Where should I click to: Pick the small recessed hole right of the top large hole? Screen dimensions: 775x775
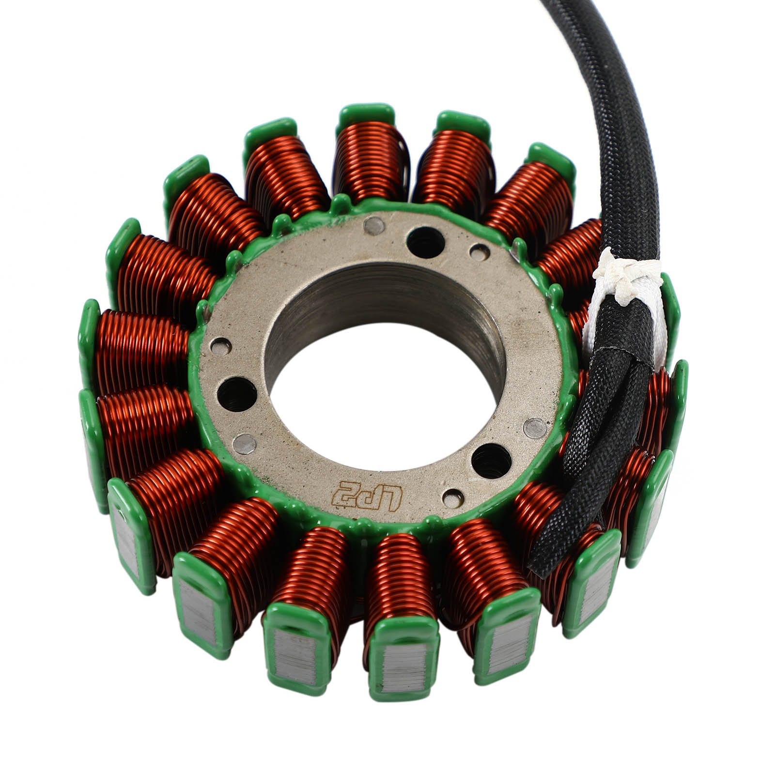[479, 250]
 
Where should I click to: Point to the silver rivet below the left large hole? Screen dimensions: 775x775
[245, 442]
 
